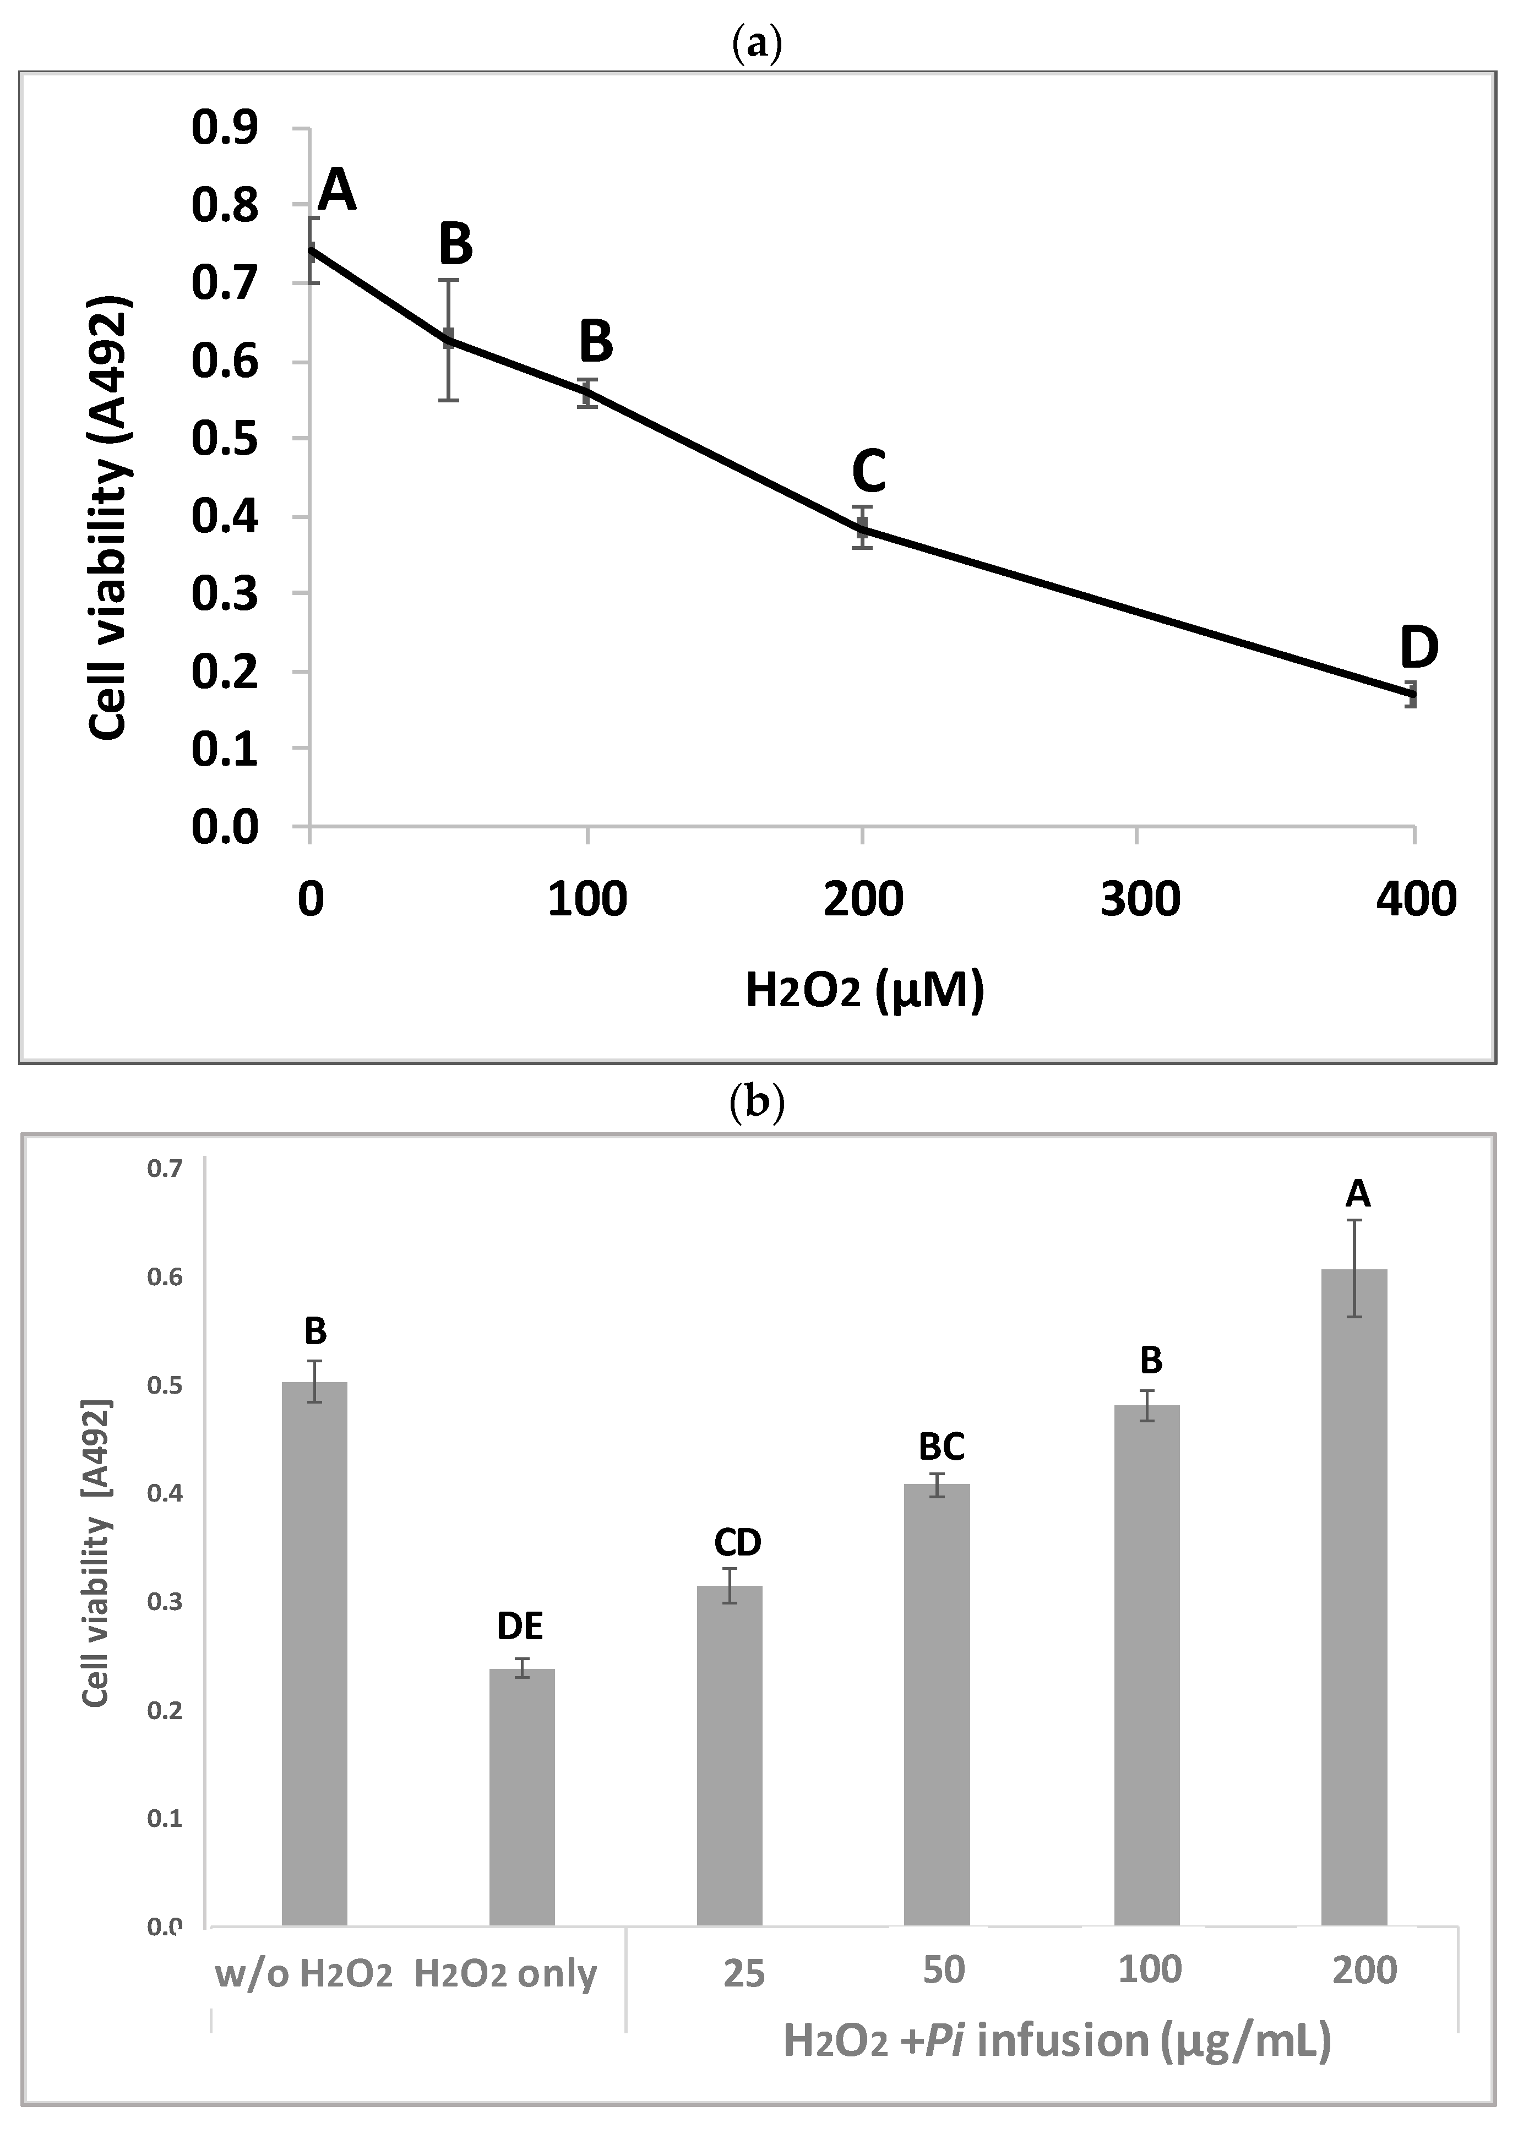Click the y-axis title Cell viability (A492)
point(110,520)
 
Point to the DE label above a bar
point(520,1627)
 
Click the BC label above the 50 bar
point(942,1447)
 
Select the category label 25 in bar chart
point(744,1973)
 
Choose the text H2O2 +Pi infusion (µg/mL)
point(1056,2040)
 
